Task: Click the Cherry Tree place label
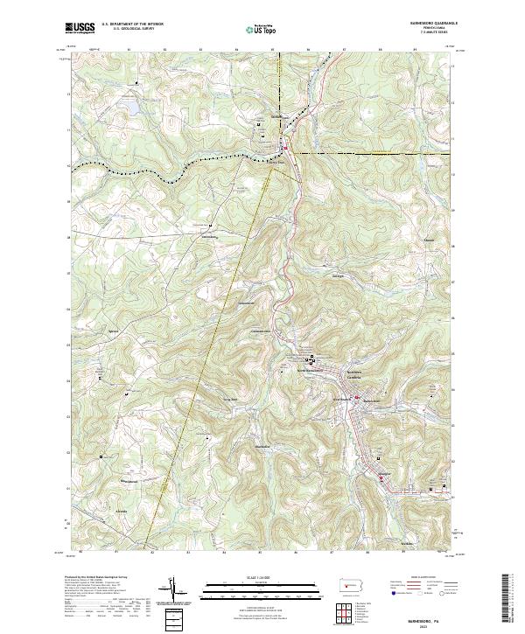point(276,159)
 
